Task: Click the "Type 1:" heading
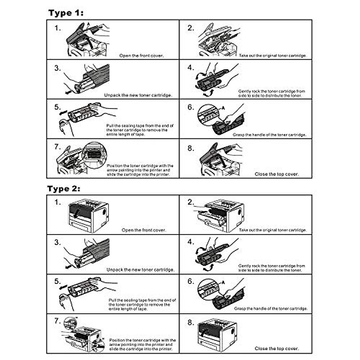pos(66,13)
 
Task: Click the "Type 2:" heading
pos(64,189)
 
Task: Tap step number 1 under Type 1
pos(58,28)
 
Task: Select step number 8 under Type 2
pos(191,323)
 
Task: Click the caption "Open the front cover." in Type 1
pos(141,56)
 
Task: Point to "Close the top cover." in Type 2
pos(277,349)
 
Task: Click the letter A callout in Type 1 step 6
pos(223,108)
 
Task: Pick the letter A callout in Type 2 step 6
pos(223,282)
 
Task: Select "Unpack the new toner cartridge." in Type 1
pos(138,95)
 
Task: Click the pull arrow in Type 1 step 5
pos(63,113)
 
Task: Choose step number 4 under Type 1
pos(191,68)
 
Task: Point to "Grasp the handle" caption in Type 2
pos(271,309)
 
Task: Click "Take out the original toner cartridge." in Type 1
pos(273,56)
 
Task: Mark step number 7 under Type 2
pos(58,321)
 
